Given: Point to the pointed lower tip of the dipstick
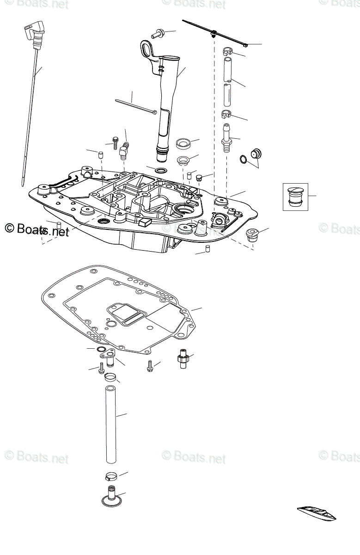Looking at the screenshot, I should point(23,184).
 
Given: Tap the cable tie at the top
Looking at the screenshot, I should point(215,33).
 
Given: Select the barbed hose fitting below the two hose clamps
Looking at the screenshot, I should point(226,137).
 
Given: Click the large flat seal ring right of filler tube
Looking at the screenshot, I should point(184,143).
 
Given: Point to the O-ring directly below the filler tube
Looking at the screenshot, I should point(160,171).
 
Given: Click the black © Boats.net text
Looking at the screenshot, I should point(37,229).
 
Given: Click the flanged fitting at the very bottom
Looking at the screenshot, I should point(111,496).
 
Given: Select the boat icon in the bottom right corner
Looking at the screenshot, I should point(317,513).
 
